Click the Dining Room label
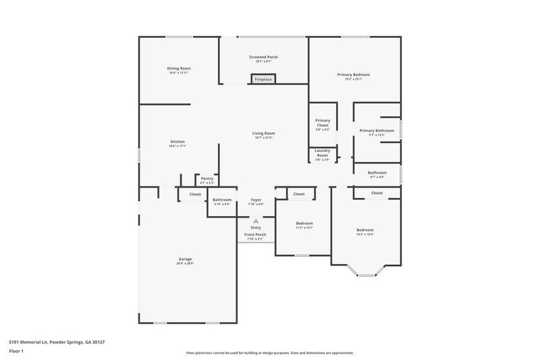point(179,68)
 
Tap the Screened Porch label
point(263,57)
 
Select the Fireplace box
point(263,80)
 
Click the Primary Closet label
point(323,123)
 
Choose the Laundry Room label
point(323,153)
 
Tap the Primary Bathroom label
point(377,130)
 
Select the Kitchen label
point(178,142)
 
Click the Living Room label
point(263,133)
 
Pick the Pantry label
point(207,179)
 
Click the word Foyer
point(256,200)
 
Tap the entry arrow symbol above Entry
point(256,220)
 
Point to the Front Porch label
point(256,234)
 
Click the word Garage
point(185,259)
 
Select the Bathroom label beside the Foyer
point(222,200)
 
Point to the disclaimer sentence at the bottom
point(269,353)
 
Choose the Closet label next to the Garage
point(195,195)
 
